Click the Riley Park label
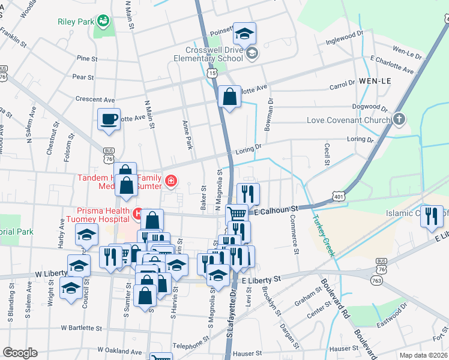[x=76, y=22]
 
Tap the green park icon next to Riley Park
[x=103, y=21]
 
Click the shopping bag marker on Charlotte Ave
[x=230, y=97]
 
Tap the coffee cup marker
[x=109, y=119]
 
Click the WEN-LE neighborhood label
[x=376, y=80]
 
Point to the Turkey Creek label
[x=322, y=236]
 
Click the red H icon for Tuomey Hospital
[x=138, y=213]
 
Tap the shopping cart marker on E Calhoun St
[x=237, y=213]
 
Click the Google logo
[x=20, y=352]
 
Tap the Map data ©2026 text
[x=422, y=355]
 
